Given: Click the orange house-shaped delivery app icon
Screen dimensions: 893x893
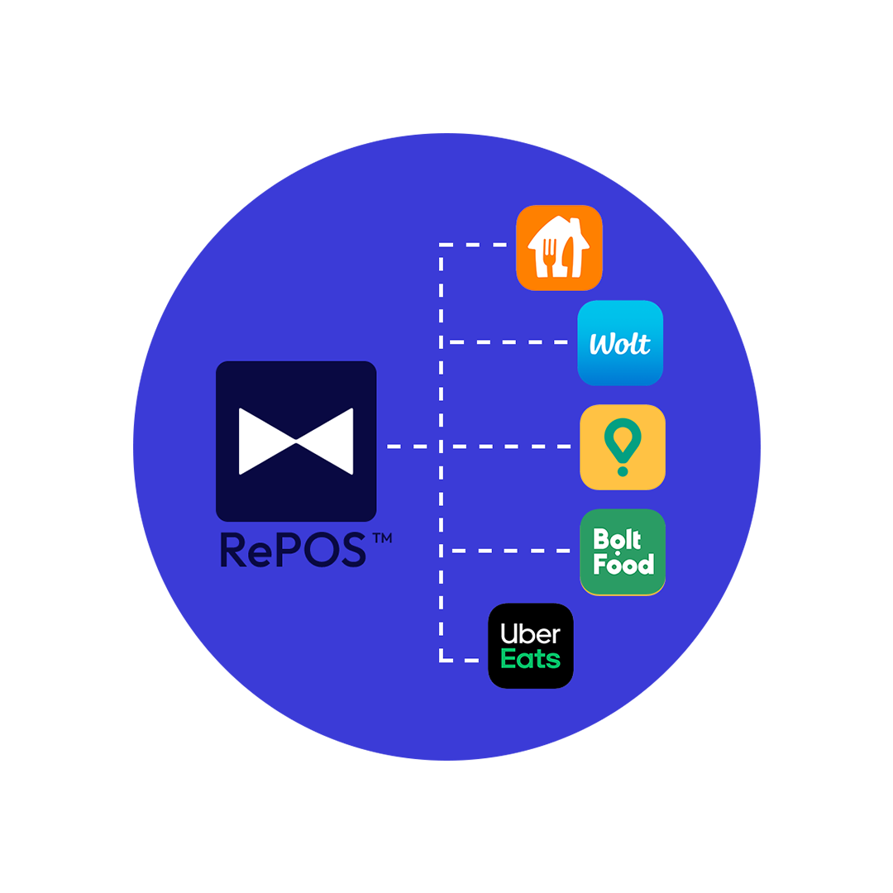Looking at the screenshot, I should (559, 247).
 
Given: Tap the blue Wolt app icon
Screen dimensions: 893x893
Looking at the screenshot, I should (620, 342).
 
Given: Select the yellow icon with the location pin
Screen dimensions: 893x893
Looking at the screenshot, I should (623, 446).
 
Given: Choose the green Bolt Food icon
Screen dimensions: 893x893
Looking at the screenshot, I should (623, 552).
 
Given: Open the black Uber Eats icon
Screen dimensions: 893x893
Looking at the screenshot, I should (531, 646).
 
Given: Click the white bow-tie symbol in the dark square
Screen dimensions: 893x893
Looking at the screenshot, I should (296, 441).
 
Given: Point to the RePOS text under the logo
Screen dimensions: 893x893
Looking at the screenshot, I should (294, 550).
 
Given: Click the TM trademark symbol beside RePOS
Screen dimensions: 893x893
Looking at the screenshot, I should (382, 538).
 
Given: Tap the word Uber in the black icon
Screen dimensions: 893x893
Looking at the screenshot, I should (531, 634).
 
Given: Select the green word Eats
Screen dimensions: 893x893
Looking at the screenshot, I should (531, 659).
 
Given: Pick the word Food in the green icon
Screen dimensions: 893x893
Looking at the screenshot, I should (623, 564).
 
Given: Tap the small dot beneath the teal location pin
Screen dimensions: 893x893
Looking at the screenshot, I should (623, 472).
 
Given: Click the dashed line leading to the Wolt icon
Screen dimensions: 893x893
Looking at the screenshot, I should (509, 342).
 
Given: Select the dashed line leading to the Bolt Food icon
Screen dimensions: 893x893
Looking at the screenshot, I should (509, 551).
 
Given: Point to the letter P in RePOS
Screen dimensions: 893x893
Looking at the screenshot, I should (285, 550).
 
